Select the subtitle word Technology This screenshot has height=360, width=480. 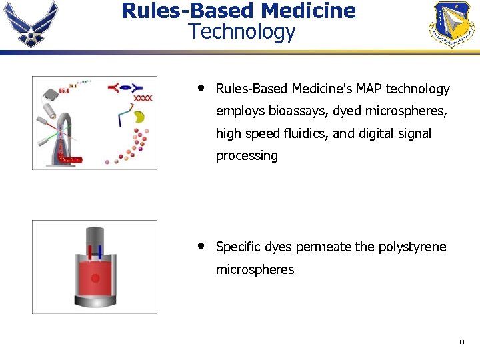click(x=241, y=31)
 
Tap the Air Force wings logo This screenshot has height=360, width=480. click(x=30, y=24)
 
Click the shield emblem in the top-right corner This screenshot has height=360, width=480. click(x=451, y=24)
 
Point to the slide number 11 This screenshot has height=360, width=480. click(x=461, y=342)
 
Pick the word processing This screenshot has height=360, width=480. click(x=247, y=156)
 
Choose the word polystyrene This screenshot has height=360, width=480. click(x=412, y=247)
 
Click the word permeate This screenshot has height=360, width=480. click(x=323, y=247)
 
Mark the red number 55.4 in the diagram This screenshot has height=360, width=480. click(x=65, y=90)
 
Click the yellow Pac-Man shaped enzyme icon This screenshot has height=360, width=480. click(x=139, y=117)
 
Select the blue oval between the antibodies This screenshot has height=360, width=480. click(x=135, y=87)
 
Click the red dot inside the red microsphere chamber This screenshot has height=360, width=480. click(x=95, y=278)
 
